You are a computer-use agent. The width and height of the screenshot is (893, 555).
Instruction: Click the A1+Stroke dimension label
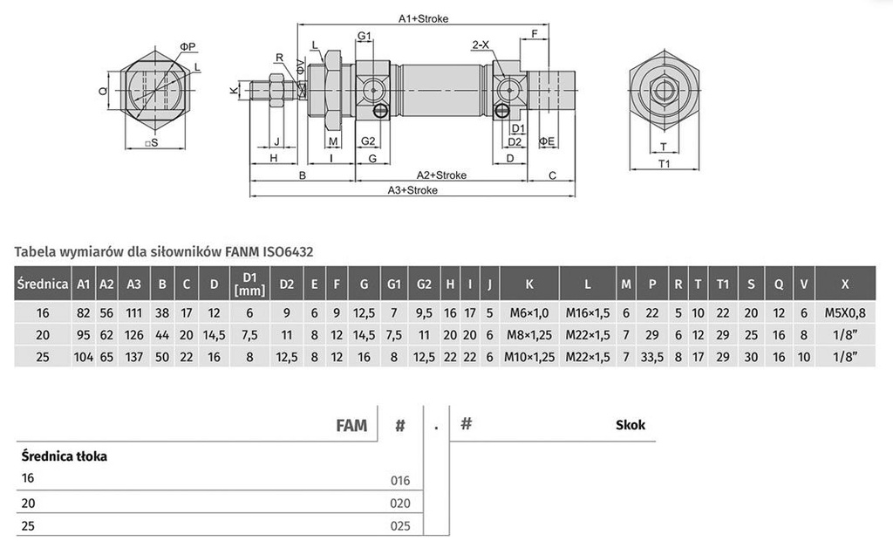pyautogui.click(x=423, y=17)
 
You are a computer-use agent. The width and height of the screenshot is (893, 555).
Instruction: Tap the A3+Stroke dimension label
pyautogui.click(x=413, y=190)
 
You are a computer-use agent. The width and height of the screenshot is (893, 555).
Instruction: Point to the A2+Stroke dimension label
pyautogui.click(x=440, y=175)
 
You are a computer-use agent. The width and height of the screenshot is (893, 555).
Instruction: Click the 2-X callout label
pyautogui.click(x=480, y=44)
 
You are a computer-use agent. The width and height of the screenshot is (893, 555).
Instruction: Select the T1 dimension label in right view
pyautogui.click(x=664, y=163)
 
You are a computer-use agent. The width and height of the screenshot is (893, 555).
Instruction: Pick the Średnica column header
pyautogui.click(x=42, y=284)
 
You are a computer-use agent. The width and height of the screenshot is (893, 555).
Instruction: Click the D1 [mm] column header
pyautogui.click(x=244, y=284)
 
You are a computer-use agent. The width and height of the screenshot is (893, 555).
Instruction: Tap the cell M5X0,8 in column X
pyautogui.click(x=845, y=313)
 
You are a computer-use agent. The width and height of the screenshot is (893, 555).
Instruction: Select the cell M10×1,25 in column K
pyautogui.click(x=529, y=357)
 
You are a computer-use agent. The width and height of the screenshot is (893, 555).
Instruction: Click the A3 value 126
pyautogui.click(x=134, y=335)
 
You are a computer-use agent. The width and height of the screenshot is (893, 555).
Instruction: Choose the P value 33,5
pyautogui.click(x=651, y=357)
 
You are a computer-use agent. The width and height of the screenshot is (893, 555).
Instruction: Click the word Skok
pyautogui.click(x=629, y=425)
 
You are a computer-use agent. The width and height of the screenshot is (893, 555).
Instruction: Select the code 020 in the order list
pyautogui.click(x=399, y=504)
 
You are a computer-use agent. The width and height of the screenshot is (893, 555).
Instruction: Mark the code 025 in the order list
pyautogui.click(x=399, y=527)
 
